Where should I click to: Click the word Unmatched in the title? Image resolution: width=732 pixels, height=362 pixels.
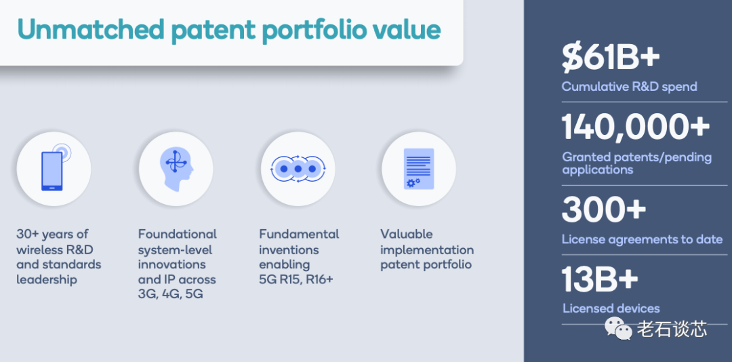91,29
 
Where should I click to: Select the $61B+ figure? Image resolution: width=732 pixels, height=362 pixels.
611,58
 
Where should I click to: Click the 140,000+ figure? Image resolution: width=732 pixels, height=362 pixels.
635,127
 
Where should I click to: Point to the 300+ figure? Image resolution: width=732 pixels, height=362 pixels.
604,209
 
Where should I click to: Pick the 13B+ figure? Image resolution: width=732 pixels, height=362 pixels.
600,279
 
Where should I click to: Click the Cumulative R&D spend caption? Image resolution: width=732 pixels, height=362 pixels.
629,86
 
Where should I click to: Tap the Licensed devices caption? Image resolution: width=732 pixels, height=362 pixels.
611,308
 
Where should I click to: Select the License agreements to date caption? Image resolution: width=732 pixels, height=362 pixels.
642,239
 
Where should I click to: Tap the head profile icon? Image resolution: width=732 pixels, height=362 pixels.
176,169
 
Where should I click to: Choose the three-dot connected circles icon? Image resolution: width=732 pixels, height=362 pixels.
298,169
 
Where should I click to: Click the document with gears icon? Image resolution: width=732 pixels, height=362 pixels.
419,169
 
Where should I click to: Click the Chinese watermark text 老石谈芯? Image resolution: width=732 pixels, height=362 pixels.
672,329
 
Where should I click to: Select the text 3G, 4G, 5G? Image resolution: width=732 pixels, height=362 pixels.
170,295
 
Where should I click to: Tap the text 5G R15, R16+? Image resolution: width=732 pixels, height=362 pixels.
296,280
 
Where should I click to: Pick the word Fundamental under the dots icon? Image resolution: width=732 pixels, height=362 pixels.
300,234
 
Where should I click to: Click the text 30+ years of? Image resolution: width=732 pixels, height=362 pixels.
52,234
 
